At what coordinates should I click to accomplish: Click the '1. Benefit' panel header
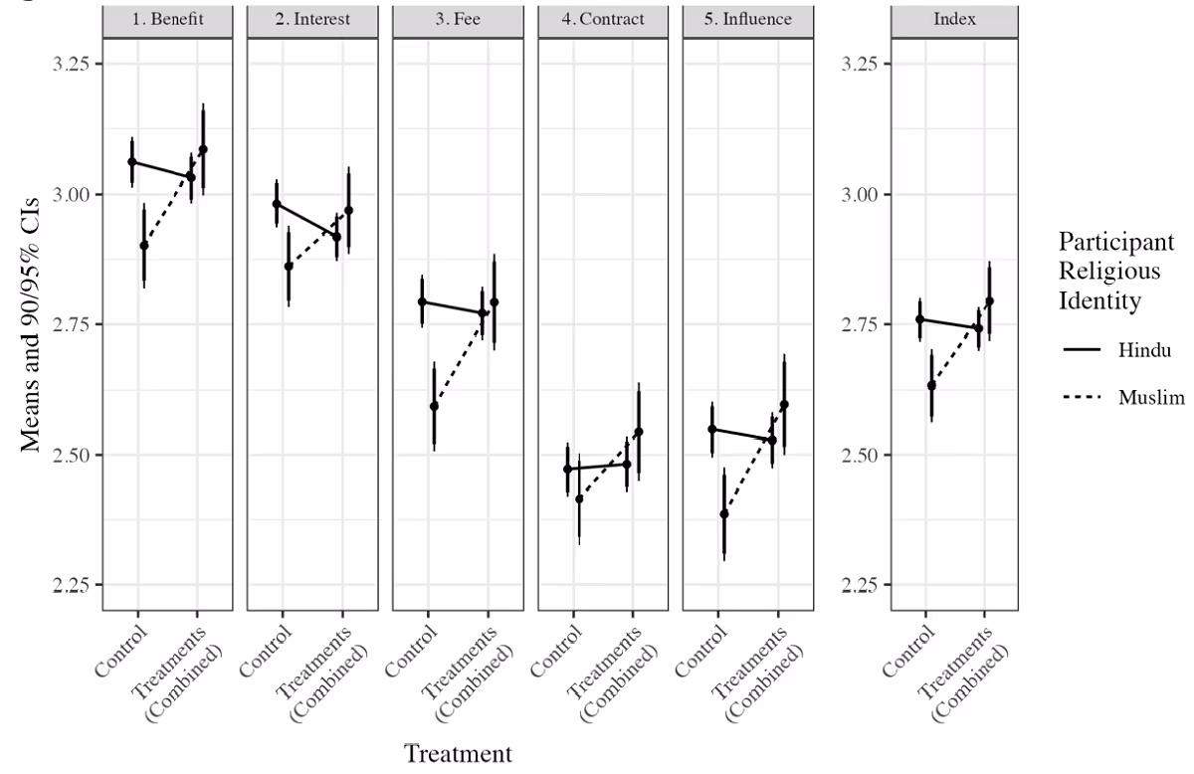pos(167,19)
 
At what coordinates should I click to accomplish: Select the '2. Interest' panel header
pos(312,19)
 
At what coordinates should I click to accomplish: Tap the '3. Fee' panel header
pos(458,19)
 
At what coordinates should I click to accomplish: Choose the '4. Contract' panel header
pos(603,19)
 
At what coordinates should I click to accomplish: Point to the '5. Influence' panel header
pos(748,19)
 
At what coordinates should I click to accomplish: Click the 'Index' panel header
pos(954,19)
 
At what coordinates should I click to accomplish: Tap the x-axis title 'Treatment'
pos(458,753)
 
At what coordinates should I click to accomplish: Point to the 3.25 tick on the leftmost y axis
pos(70,64)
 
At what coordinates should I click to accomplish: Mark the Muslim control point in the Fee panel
pos(434,406)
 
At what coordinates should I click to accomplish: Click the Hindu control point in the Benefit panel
pos(131,161)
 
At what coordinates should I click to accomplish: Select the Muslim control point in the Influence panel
pos(724,513)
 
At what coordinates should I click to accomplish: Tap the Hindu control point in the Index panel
pos(920,319)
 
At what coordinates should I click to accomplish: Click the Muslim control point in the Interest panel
pos(289,266)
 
